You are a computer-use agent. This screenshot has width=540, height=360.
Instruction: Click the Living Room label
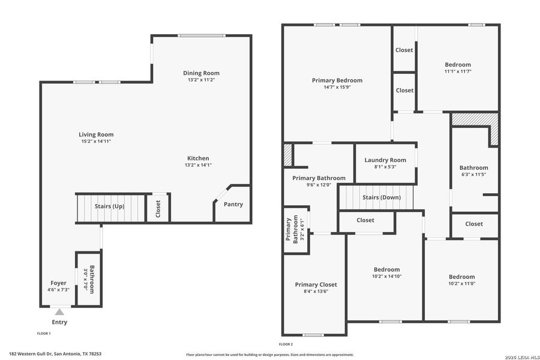pos(96,134)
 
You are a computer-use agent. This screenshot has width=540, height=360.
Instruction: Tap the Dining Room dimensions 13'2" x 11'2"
pos(201,80)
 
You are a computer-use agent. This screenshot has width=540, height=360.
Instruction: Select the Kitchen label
pos(198,158)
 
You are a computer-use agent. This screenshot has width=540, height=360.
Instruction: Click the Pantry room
pos(233,205)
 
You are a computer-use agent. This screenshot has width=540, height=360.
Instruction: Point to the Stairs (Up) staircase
pos(110,206)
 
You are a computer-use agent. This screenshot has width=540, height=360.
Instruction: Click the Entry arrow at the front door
pos(59,313)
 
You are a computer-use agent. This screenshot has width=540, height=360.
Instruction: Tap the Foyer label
pos(58,283)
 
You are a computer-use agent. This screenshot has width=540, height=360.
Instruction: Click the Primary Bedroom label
pos(337,80)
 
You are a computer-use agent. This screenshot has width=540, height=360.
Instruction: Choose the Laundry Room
pos(385,160)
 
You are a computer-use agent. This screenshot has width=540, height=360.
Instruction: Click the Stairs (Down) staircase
pos(382,197)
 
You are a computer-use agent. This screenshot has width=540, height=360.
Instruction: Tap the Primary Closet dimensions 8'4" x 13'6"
pos(316,291)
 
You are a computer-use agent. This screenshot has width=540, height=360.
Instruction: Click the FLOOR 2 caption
pos(286,344)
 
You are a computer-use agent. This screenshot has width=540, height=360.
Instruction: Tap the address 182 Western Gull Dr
pos(55,354)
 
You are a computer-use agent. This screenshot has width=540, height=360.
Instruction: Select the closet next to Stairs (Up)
pos(158,208)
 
